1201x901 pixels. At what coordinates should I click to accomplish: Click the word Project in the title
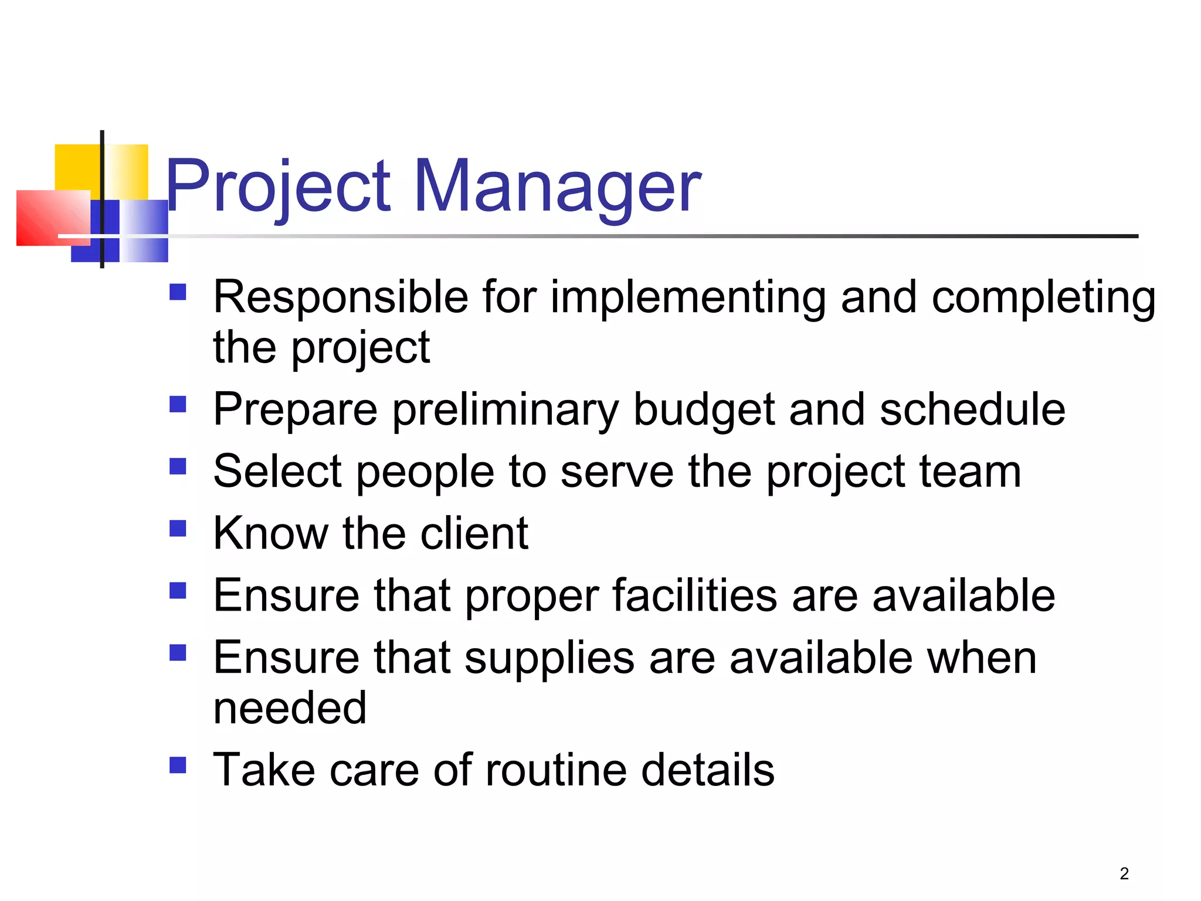click(x=278, y=187)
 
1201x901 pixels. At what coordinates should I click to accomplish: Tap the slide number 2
click(x=1124, y=873)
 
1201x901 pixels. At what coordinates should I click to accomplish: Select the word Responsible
click(x=340, y=297)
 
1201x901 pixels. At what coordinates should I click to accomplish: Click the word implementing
click(x=688, y=298)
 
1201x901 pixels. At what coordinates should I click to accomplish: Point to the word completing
click(x=1043, y=298)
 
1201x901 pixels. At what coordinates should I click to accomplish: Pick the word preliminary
click(x=505, y=410)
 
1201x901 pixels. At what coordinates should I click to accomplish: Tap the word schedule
click(x=972, y=409)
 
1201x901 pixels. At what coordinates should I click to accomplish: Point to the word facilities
click(x=694, y=595)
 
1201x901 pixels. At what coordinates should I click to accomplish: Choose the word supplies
click(x=549, y=659)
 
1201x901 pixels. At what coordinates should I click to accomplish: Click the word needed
click(x=290, y=708)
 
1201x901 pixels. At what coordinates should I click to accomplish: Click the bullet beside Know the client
click(x=178, y=529)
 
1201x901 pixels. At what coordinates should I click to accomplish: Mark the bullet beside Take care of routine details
click(x=178, y=765)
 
